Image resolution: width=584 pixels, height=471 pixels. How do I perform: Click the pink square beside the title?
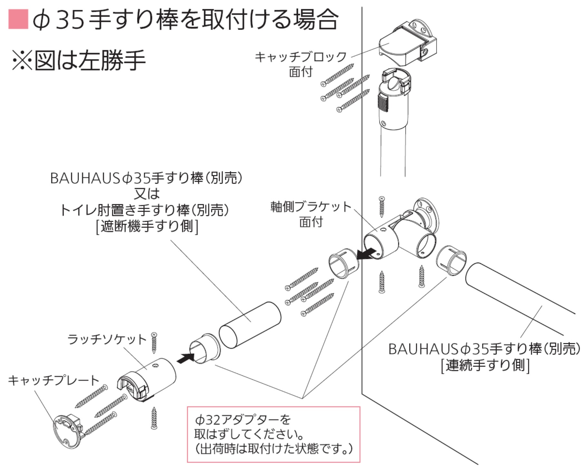click(18, 19)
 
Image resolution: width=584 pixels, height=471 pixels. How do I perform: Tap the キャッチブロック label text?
click(300, 57)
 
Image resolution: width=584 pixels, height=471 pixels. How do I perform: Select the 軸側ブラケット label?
click(311, 207)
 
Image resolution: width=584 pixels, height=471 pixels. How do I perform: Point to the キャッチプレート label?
click(53, 380)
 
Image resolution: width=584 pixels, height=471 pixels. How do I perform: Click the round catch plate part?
click(66, 431)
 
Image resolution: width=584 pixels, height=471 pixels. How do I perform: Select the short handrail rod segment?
click(250, 325)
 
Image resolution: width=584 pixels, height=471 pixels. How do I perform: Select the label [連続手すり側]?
click(485, 365)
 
